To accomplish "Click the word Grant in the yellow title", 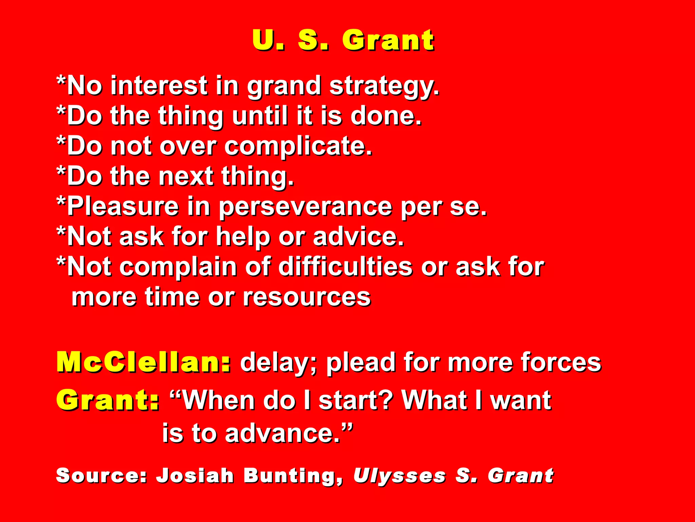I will tap(388, 40).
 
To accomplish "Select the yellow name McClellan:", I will tap(144, 363).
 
